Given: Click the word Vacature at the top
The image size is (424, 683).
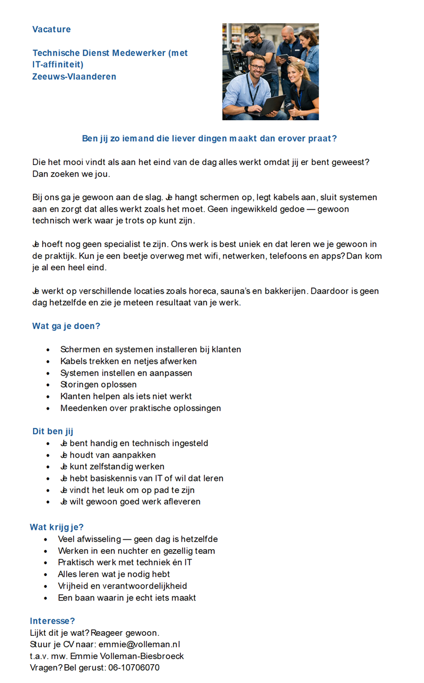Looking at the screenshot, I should coord(52,30).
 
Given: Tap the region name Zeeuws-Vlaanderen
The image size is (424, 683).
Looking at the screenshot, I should coord(74,77).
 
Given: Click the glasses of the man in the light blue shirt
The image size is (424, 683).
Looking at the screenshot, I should coord(257,68).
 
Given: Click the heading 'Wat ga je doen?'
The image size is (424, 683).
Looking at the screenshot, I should coord(66,326).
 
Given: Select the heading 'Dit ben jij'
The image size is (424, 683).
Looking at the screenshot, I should coord(53,431).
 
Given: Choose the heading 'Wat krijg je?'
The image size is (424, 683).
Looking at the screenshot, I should coord(56,527).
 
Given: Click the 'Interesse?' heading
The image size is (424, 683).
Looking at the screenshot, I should coord(52,621).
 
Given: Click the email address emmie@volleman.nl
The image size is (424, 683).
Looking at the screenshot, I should coord(139,644).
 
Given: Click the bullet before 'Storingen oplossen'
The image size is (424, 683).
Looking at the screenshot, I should coord(48,385).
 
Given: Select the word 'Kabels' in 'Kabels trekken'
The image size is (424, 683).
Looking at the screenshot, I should coord(72,361).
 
